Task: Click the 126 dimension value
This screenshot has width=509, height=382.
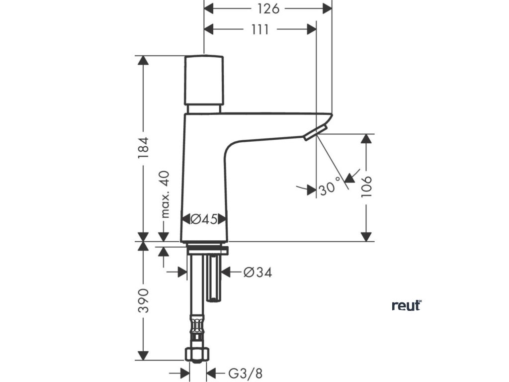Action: point(268,9)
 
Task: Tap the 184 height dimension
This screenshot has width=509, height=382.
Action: point(143,148)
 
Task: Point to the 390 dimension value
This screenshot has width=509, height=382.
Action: point(143,300)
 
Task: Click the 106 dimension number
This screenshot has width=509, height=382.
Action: point(366,187)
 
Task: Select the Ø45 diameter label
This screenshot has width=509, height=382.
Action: point(204,219)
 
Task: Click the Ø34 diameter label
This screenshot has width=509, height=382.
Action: point(257,272)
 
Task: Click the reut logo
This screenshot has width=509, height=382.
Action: point(407,305)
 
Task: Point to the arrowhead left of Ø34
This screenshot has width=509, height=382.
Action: point(225,272)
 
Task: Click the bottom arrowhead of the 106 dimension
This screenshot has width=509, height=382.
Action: point(366,236)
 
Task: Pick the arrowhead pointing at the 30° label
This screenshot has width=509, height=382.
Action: point(351,178)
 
